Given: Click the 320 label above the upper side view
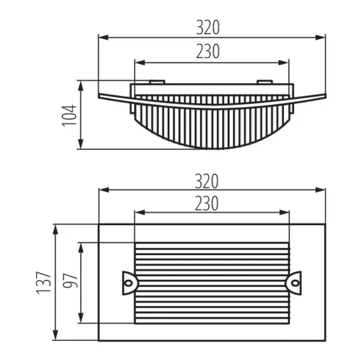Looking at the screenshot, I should click(x=208, y=27).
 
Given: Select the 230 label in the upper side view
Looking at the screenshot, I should click(x=208, y=52).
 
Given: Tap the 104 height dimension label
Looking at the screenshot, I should click(x=70, y=115).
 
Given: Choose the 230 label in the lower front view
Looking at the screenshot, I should click(x=208, y=204).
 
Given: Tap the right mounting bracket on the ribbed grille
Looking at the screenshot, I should click(x=294, y=281).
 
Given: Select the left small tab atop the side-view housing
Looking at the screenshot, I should click(x=155, y=82).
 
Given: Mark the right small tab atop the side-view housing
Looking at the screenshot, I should click(x=265, y=82).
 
